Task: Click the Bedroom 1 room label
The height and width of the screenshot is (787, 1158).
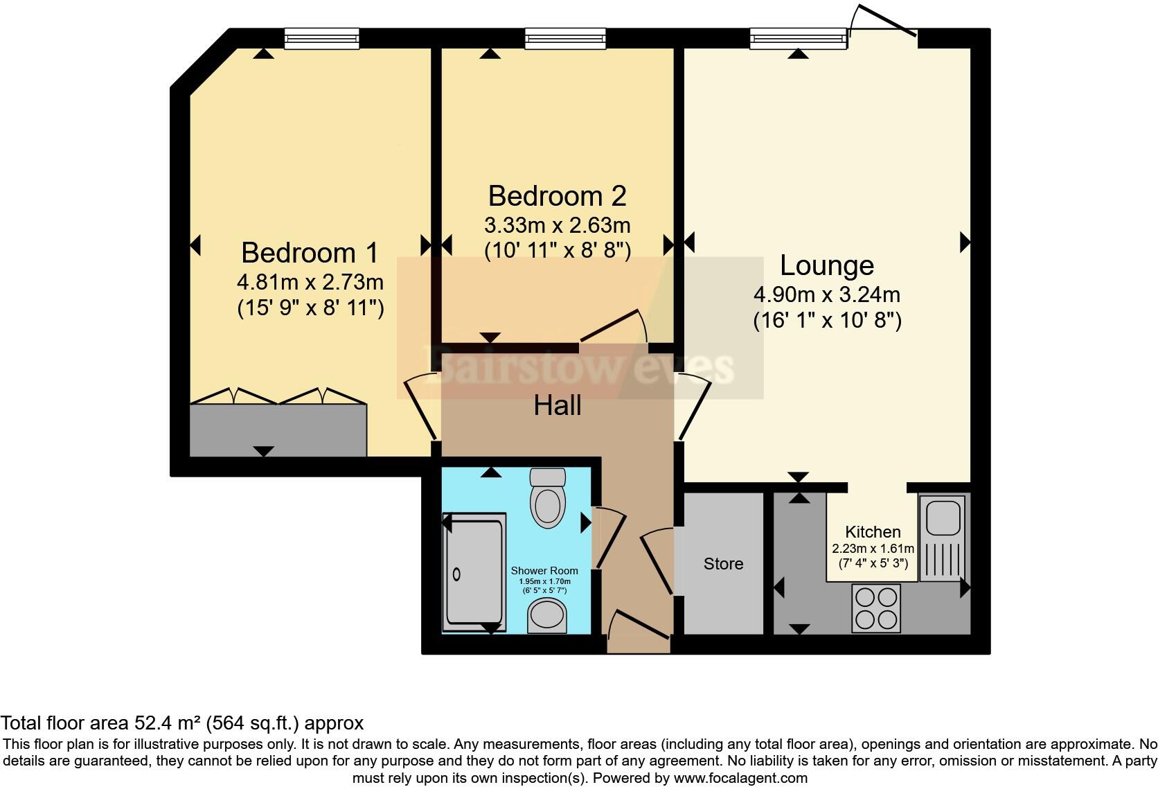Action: point(310,253)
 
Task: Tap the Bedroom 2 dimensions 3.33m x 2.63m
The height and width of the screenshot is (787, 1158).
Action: point(557,225)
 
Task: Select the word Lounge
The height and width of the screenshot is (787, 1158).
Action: point(826,265)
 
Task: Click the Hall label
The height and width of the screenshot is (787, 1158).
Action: point(557,405)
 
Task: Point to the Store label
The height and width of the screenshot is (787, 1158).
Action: point(723,564)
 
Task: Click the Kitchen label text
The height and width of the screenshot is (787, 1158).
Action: point(873,532)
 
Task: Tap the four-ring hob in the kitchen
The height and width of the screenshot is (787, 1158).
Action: point(876,608)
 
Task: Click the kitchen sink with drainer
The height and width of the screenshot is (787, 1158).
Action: point(942,538)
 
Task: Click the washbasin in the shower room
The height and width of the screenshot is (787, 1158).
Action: point(547,616)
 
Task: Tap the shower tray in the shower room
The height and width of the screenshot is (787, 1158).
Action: point(474,572)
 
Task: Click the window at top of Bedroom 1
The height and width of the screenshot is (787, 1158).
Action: point(321,38)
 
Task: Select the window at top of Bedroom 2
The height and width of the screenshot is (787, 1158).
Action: point(565,38)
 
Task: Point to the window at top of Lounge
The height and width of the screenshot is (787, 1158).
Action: point(798,38)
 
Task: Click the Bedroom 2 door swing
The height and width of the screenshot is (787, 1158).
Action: point(615,327)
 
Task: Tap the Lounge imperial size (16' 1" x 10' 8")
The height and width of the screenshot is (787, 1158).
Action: point(827,321)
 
